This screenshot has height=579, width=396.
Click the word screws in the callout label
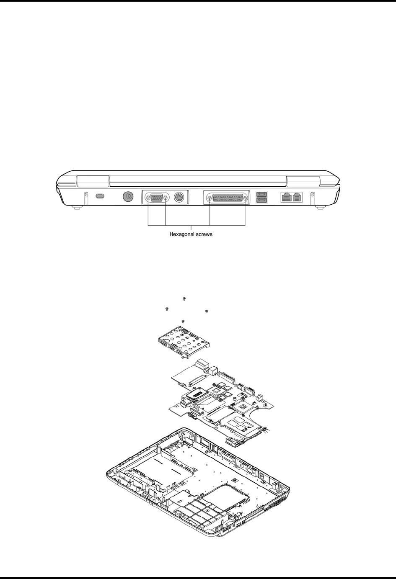[x=203, y=234]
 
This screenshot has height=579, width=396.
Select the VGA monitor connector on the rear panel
[x=157, y=198]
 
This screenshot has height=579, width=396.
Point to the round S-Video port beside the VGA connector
[x=179, y=197]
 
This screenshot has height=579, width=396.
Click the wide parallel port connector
[x=227, y=198]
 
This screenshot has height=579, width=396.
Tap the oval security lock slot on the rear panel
[x=100, y=196]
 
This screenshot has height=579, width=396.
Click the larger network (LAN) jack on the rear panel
[x=287, y=196]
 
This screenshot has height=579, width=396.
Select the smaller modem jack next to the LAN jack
[x=297, y=196]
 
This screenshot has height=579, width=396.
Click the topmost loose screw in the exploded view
[x=184, y=299]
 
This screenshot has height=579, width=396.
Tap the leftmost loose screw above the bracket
[x=167, y=309]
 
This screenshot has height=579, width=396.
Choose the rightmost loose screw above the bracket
[x=207, y=311]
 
